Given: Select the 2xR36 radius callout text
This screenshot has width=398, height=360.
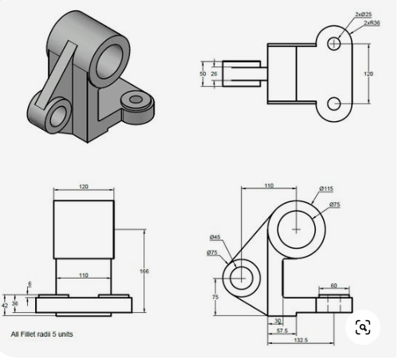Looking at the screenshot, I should pyautogui.click(x=372, y=23).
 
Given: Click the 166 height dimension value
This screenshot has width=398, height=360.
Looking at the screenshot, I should pyautogui.click(x=144, y=271).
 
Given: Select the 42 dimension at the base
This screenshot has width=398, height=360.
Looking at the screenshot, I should pyautogui.click(x=5, y=304).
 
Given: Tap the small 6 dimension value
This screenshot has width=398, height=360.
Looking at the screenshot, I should pyautogui.click(x=30, y=283).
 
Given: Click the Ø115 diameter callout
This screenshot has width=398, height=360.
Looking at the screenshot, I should pyautogui.click(x=326, y=188).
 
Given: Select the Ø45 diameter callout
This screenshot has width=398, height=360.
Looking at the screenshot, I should pyautogui.click(x=215, y=237).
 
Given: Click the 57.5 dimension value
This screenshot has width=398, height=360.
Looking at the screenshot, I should pyautogui.click(x=281, y=330).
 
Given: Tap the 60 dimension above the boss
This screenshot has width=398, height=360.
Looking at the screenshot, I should pyautogui.click(x=333, y=284).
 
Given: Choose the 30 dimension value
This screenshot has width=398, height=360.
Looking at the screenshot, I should pyautogui.click(x=275, y=321).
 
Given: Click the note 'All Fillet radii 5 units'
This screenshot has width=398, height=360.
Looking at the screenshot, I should pyautogui.click(x=41, y=334).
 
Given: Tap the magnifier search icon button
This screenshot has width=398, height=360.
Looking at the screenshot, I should pyautogui.click(x=362, y=327).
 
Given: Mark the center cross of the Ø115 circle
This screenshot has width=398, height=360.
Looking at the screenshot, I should pyautogui.click(x=297, y=229).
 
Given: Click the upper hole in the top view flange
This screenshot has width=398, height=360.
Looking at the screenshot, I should pyautogui.click(x=334, y=42).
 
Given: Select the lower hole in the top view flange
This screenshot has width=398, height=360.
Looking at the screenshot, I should pyautogui.click(x=334, y=102).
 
